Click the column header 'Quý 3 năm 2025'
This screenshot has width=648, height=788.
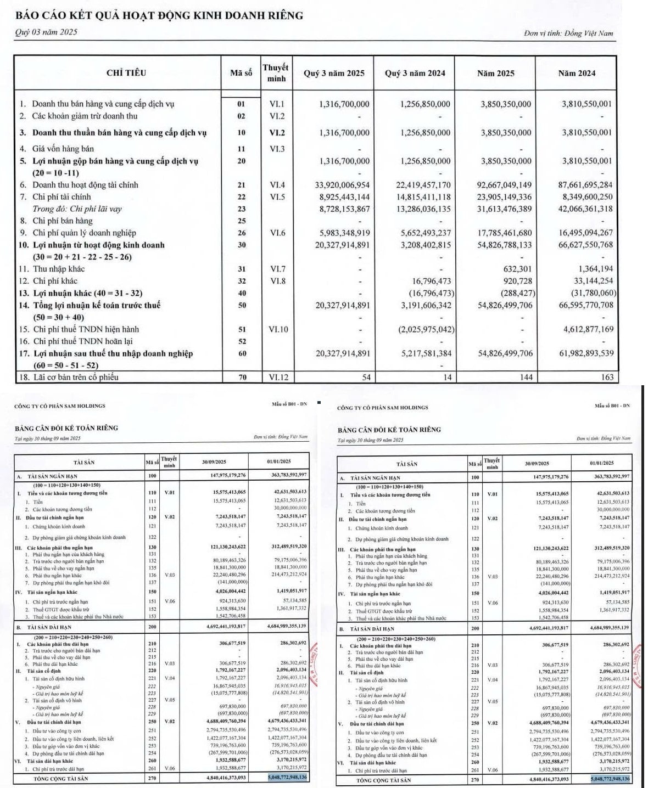(334, 73)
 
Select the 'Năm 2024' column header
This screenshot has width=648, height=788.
(576, 73)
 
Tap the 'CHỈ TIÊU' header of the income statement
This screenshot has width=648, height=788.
(126, 73)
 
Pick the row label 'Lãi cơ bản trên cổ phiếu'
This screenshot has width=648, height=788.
(75, 377)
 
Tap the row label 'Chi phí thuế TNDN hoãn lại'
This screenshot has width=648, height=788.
(86, 341)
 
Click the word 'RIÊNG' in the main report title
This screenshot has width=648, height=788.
(283, 15)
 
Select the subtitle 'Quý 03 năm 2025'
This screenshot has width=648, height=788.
(46, 32)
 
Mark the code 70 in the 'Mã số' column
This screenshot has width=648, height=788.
(242, 377)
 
